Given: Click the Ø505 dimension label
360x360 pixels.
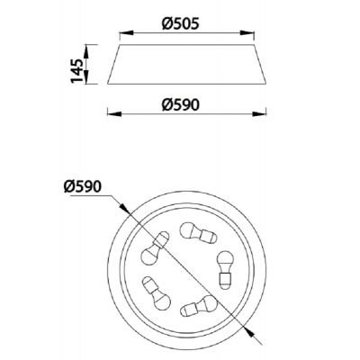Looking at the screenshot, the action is pyautogui.click(x=180, y=23).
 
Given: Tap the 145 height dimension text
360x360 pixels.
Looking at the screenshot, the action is pyautogui.click(x=76, y=71).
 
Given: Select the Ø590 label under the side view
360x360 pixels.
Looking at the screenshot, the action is pyautogui.click(x=180, y=105).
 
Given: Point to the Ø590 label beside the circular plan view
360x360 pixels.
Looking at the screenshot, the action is pyautogui.click(x=83, y=187).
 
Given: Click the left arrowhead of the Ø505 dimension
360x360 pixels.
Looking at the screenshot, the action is pyautogui.click(x=126, y=33).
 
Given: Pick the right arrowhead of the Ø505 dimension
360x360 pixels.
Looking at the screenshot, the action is pyautogui.click(x=247, y=33).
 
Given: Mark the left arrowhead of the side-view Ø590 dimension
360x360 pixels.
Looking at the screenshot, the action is pyautogui.click(x=114, y=113).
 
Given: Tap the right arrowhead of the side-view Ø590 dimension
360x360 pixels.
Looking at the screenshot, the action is pyautogui.click(x=259, y=113).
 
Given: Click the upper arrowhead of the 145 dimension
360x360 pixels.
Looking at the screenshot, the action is pyautogui.click(x=86, y=51).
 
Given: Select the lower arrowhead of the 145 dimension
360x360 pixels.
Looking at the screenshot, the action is pyautogui.click(x=86, y=77).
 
